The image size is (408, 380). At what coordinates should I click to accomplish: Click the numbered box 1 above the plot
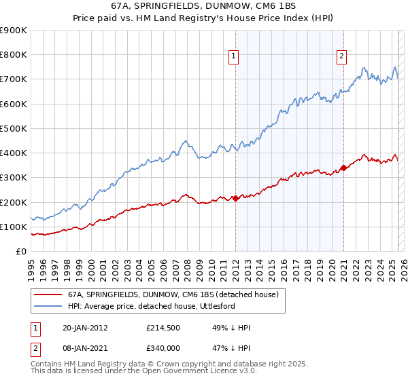[x=233, y=57]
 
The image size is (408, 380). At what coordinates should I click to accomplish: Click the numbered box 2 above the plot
[x=341, y=57]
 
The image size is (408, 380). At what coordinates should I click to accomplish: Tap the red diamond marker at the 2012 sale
[x=235, y=198]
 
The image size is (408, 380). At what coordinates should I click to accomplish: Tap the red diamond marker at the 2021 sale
[x=343, y=168]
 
